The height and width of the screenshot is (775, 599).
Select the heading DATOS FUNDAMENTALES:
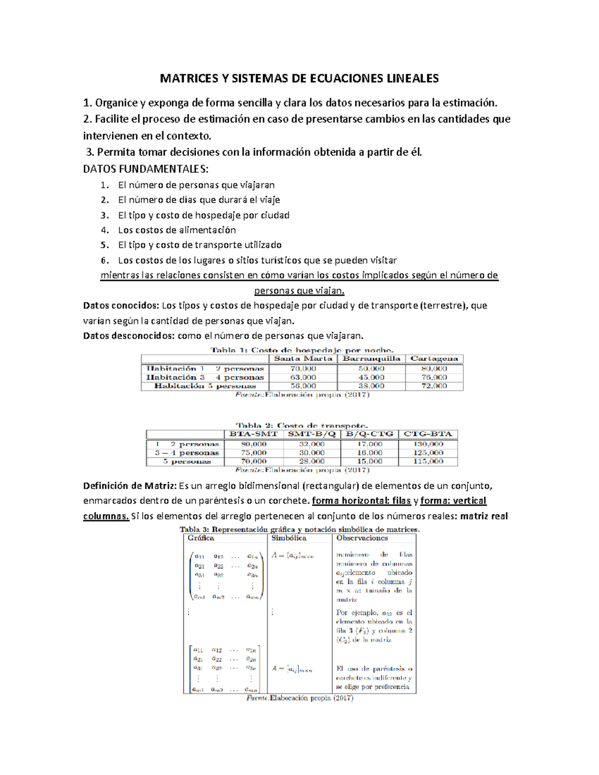pyautogui.click(x=146, y=169)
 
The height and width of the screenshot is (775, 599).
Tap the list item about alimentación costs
pyautogui.click(x=177, y=230)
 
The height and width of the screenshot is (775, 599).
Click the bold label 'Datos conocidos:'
pyautogui.click(x=121, y=305)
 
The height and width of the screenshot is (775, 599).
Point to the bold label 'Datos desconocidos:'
pyautogui.click(x=129, y=336)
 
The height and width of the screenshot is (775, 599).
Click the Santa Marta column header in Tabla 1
pyautogui.click(x=303, y=359)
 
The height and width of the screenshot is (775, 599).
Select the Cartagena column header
pyautogui.click(x=434, y=359)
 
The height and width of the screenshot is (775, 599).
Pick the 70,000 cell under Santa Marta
pyautogui.click(x=303, y=369)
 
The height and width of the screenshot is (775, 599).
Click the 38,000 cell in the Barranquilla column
pyautogui.click(x=371, y=386)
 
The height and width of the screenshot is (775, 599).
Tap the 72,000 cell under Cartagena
pyautogui.click(x=434, y=386)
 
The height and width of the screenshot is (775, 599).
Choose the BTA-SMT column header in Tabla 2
pyautogui.click(x=253, y=434)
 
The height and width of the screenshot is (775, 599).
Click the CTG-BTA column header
pyautogui.click(x=428, y=434)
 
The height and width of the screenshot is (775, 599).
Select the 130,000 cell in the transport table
pyautogui.click(x=428, y=444)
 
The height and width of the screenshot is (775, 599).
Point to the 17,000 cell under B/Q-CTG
pyautogui.click(x=369, y=444)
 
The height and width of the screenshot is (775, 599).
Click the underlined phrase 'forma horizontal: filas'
pyautogui.click(x=361, y=501)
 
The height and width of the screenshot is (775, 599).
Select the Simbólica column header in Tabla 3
pyautogui.click(x=289, y=538)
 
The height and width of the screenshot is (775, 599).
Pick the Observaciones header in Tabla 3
pyautogui.click(x=362, y=538)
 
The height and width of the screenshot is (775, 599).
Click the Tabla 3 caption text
pyautogui.click(x=299, y=529)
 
